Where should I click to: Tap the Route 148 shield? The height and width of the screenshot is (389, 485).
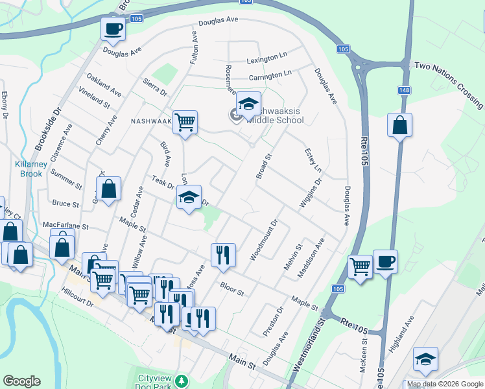(405, 90)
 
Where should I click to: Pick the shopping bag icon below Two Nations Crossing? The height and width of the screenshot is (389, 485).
(400, 124)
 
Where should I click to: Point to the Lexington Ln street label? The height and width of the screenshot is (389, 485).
(266, 60)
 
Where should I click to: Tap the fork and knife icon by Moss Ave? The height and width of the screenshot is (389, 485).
(223, 254)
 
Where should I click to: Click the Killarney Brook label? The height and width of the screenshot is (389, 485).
(29, 169)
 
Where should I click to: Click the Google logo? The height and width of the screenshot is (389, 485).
(21, 381)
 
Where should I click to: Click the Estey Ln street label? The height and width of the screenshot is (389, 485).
(313, 160)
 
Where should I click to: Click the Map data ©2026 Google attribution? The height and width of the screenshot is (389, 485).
(445, 384)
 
